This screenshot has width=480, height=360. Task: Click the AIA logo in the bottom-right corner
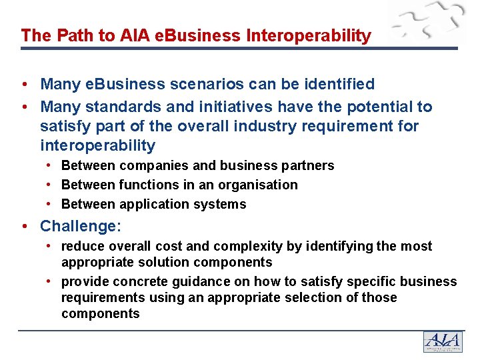(442, 341)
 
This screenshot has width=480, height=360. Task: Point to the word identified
(337, 84)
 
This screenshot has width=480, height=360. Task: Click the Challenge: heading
(81, 227)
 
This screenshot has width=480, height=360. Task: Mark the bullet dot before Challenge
(24, 227)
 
